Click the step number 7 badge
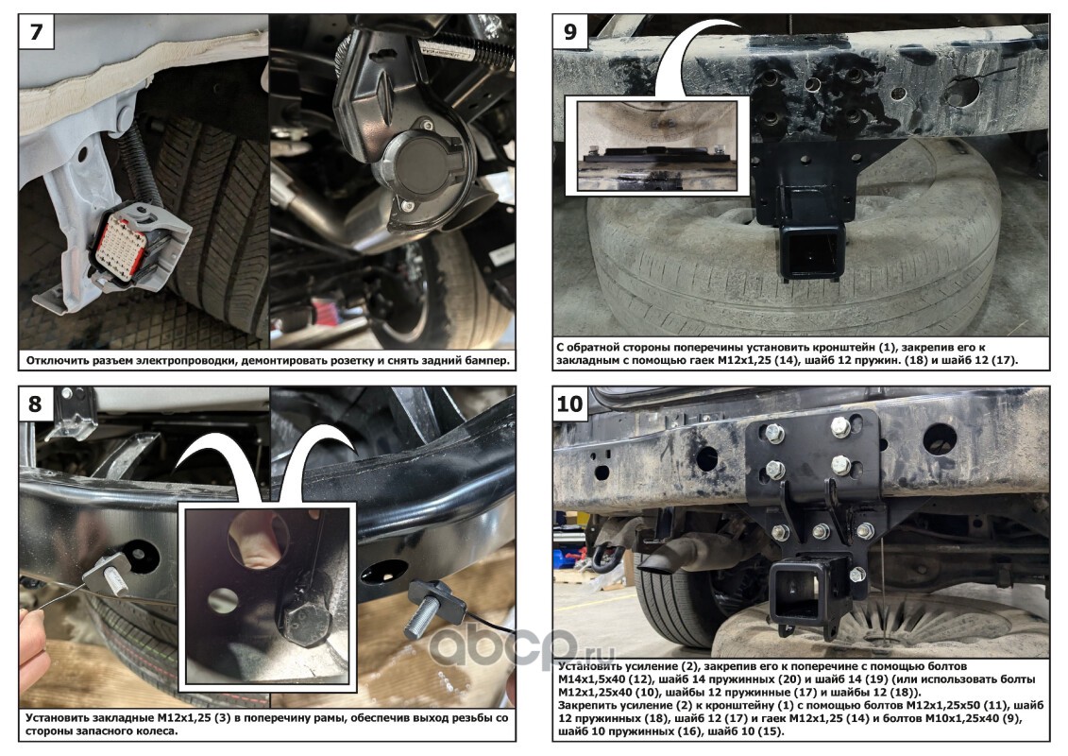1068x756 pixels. (36, 32)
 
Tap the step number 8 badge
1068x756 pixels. (36, 404)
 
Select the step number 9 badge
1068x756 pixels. (570, 32)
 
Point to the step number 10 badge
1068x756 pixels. (570, 404)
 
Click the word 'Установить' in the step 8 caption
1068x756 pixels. (58, 718)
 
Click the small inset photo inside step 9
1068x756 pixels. (657, 146)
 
